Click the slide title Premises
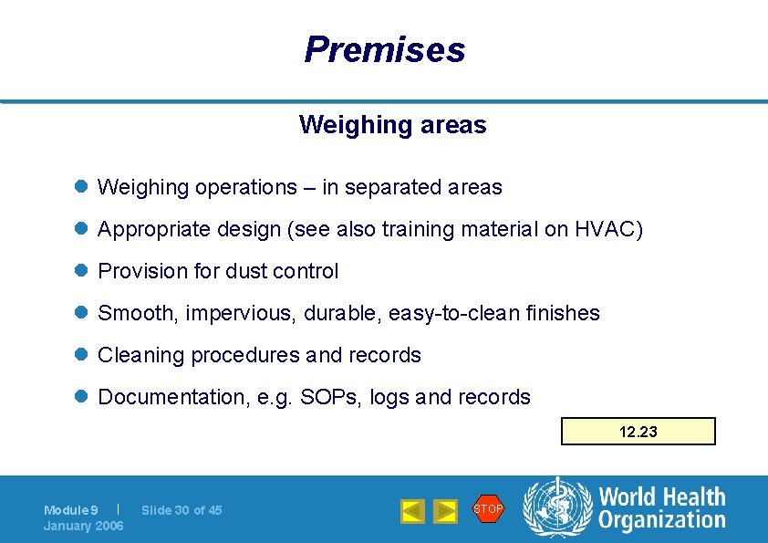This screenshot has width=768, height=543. coord(384,49)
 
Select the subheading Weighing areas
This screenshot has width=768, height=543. coord(392,124)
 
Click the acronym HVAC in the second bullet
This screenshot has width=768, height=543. coord(607,229)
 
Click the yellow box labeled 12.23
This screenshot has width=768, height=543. coord(638,432)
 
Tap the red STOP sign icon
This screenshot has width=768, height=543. coord(488,508)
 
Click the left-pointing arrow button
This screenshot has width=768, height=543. coord(413,511)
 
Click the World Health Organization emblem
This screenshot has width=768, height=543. coord(556,508)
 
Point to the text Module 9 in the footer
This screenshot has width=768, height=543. coord(70,510)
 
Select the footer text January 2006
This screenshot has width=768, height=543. coord(83,526)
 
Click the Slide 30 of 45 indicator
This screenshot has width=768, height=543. coord(182,510)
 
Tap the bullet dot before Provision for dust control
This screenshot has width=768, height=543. coord(80,271)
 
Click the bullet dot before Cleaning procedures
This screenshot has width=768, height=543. coord(80,355)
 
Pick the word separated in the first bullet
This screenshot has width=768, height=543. coord(392,187)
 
